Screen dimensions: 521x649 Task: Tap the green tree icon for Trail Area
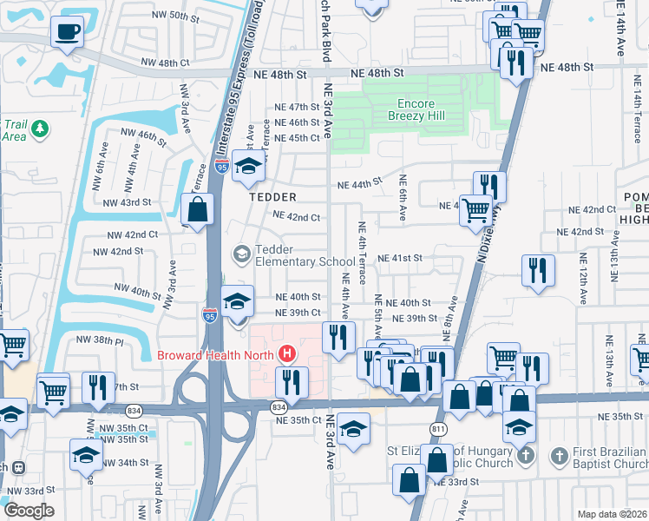(38, 129)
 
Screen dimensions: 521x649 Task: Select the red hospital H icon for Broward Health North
(287, 354)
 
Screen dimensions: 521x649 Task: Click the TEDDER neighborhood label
(273, 197)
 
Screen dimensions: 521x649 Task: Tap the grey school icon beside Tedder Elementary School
(241, 253)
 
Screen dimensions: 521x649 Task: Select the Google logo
(29, 511)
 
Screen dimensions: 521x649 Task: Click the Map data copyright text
(612, 514)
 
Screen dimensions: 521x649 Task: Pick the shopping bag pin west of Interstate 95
(198, 209)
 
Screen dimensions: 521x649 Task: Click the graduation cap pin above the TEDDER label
(249, 167)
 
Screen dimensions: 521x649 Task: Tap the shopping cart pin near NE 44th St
(475, 209)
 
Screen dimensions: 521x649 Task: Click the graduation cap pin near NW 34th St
(86, 454)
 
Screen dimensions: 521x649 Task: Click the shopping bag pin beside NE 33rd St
(409, 478)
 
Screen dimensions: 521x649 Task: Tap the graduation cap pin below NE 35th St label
(353, 428)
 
